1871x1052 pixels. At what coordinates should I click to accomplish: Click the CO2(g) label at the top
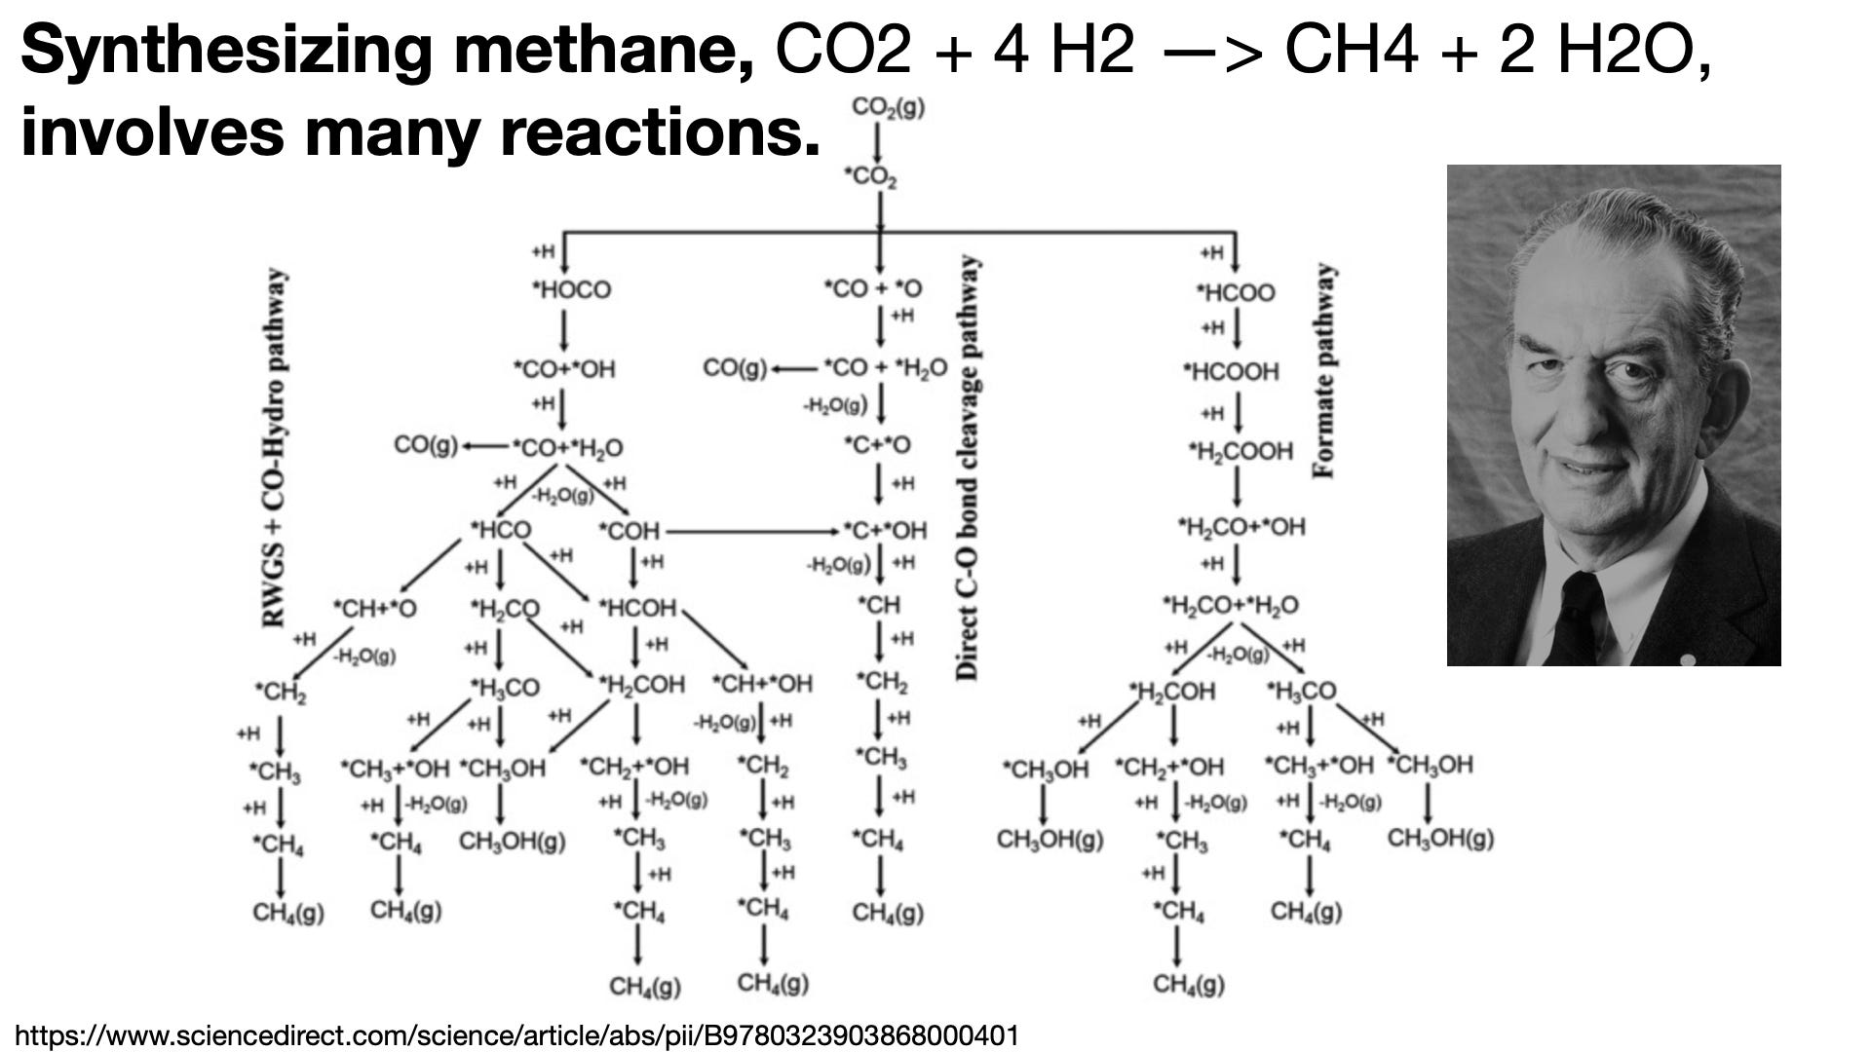(888, 107)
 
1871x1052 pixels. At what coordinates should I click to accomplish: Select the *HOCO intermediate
(571, 290)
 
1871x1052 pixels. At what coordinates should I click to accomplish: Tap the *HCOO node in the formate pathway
(1235, 292)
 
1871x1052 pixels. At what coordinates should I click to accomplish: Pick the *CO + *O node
(873, 289)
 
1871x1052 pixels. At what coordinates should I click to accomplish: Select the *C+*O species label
(877, 445)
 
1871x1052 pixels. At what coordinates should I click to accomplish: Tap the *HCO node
(501, 530)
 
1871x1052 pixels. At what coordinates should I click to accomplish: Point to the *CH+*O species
(374, 609)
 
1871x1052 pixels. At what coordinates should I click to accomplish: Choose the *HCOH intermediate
(637, 608)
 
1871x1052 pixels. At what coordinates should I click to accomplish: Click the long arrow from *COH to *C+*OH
(750, 532)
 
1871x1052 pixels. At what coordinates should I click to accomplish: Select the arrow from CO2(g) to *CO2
(878, 143)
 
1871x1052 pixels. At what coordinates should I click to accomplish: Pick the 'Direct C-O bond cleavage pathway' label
(967, 468)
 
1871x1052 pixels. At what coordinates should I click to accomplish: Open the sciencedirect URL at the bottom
(517, 1035)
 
